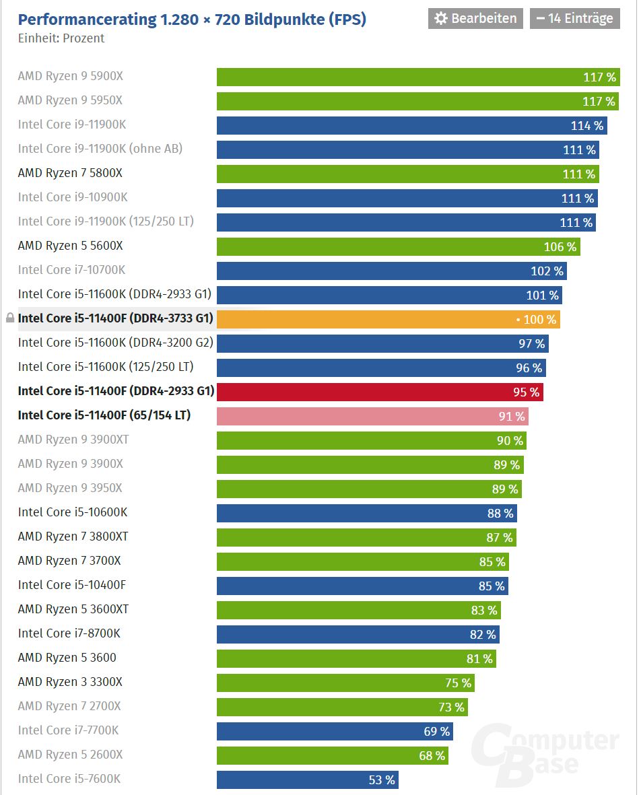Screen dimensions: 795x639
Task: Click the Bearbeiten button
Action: coord(475,18)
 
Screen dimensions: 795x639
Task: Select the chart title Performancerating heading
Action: coord(192,20)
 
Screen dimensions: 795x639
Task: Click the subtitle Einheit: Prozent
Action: coord(61,38)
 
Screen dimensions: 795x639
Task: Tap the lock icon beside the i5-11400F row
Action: coord(9,318)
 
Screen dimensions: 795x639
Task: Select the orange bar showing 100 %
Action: coord(388,319)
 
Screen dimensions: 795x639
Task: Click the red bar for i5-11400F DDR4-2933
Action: coord(380,392)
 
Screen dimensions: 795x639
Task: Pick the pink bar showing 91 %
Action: coord(372,416)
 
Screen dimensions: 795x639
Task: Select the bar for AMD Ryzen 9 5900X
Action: coord(417,77)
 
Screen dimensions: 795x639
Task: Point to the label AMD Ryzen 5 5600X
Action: coord(70,246)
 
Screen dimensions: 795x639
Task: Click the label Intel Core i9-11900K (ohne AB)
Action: coord(100,149)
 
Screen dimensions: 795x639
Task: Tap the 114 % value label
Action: coord(586,126)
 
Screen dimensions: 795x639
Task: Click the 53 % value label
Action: coord(382,780)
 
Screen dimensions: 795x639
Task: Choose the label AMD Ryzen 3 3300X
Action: coord(70,682)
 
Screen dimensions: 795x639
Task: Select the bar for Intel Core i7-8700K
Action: coord(358,634)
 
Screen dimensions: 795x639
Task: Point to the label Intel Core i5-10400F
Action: coord(72,585)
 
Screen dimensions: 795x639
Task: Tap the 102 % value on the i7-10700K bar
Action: coord(547,271)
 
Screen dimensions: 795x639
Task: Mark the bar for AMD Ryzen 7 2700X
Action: coord(342,707)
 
